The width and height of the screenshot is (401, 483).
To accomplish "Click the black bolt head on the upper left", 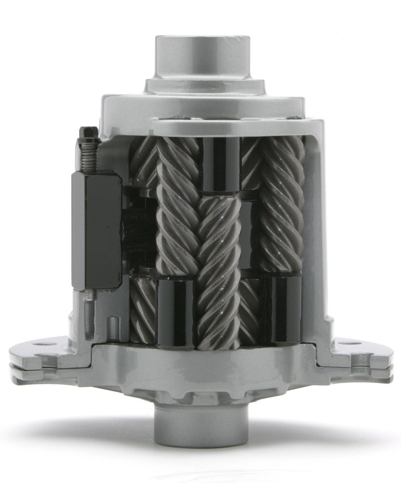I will coord(89,132).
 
